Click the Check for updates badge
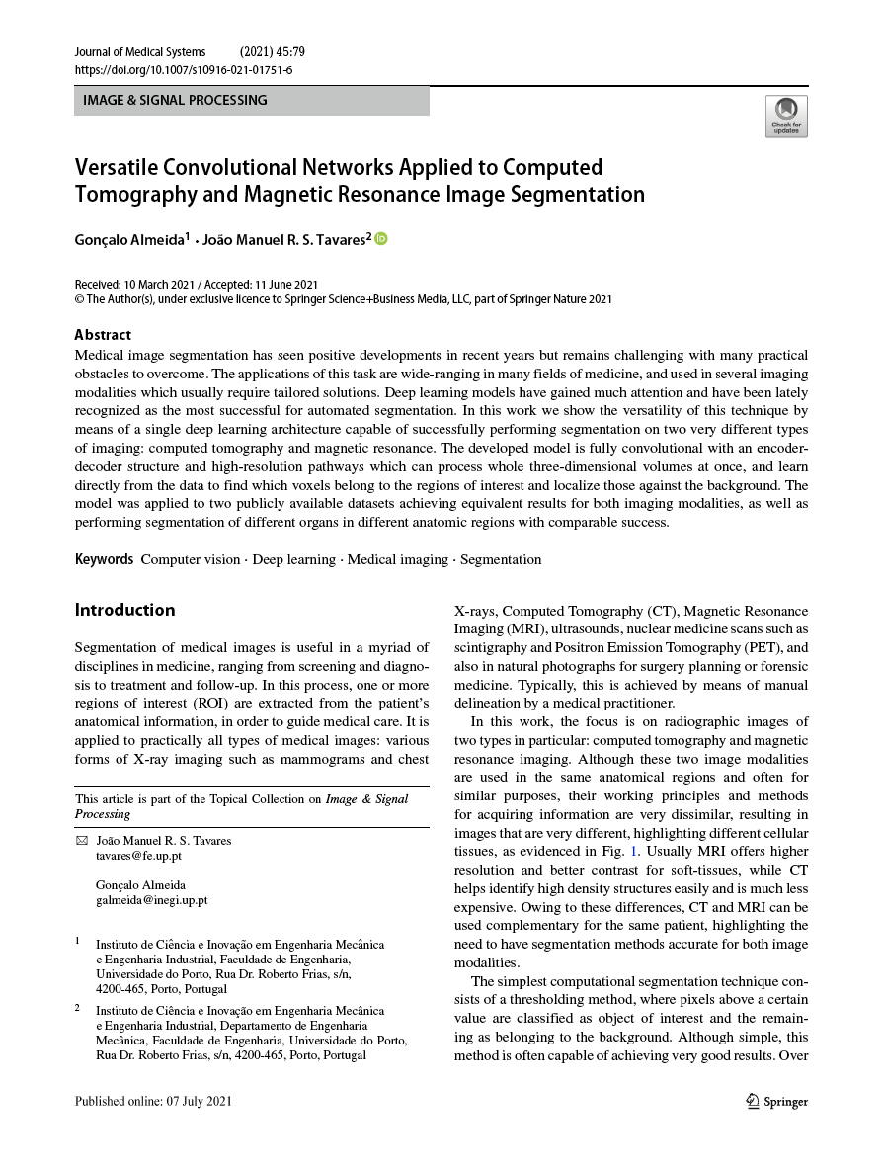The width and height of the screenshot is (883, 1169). pos(786,117)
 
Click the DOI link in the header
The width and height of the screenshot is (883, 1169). pos(184,70)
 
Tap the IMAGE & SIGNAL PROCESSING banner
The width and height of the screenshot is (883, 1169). pos(251,101)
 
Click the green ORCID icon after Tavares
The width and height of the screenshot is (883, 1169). pos(381,238)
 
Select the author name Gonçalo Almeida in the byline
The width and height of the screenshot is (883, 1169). pos(128,239)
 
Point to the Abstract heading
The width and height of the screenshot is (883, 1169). pos(103,335)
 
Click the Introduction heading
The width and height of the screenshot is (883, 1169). pos(124,610)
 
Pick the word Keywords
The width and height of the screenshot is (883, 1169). pos(104,559)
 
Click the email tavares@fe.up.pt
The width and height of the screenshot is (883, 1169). pos(138,856)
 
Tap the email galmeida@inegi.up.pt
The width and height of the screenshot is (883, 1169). pos(151,900)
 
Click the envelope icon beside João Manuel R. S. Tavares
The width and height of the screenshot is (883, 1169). pos(81,841)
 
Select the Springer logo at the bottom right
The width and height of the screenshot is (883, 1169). pos(776,1101)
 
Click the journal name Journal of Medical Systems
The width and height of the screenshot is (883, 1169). pos(140,52)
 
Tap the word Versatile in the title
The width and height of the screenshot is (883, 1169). pos(115,166)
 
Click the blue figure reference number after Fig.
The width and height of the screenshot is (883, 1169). pos(634,851)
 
